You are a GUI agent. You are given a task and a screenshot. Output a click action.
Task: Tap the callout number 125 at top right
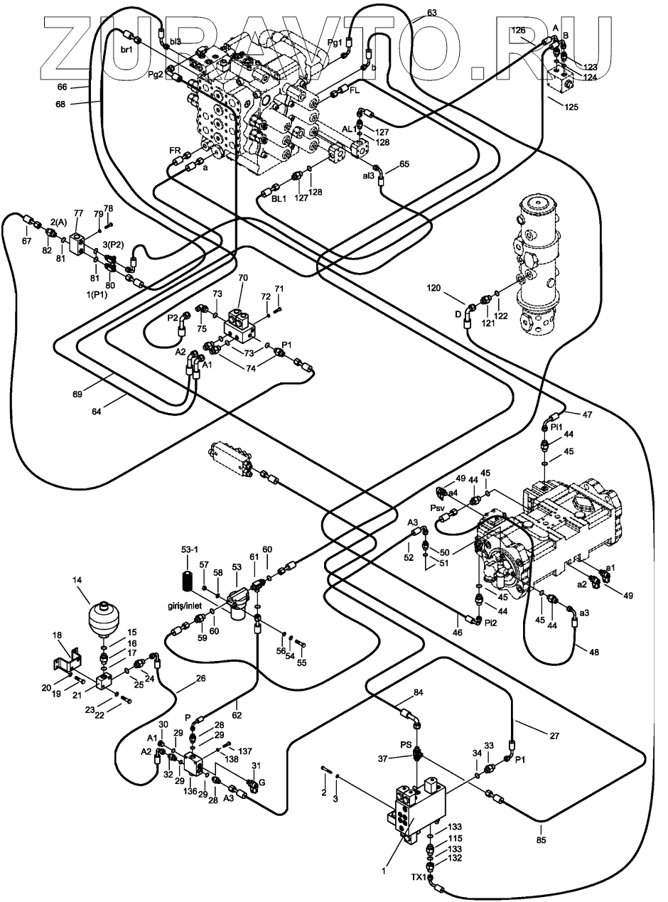(571, 107)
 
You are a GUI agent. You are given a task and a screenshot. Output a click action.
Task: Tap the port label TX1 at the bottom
(419, 877)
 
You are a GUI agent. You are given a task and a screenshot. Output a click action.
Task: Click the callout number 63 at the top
(431, 13)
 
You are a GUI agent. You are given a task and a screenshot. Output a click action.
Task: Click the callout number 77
(78, 213)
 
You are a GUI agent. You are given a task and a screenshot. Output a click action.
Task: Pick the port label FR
(175, 150)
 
